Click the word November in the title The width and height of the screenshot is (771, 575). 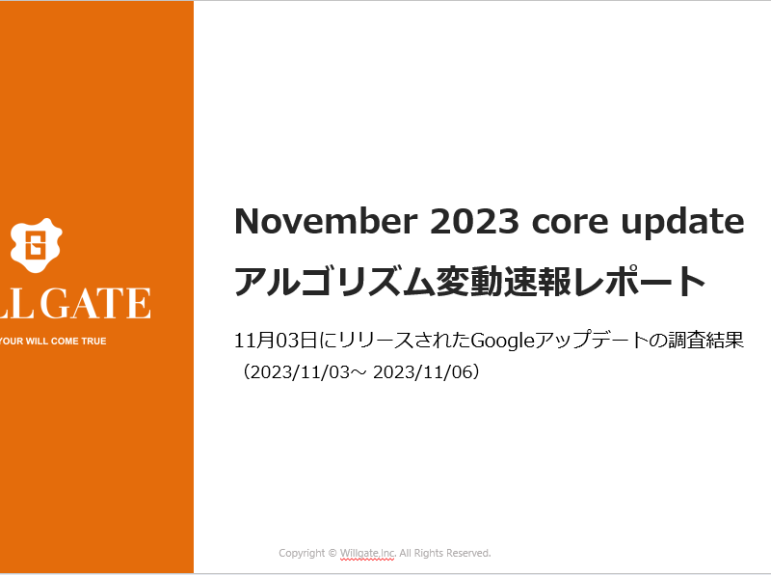pyautogui.click(x=326, y=221)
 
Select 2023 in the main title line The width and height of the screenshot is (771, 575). pyautogui.click(x=474, y=221)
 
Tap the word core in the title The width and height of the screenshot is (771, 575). pyautogui.click(x=570, y=224)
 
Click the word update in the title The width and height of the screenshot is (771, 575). pyautogui.click(x=682, y=224)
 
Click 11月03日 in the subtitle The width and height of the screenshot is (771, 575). pyautogui.click(x=276, y=341)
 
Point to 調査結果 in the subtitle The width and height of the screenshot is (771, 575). pyautogui.click(x=706, y=341)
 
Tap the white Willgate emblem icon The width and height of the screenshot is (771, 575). pyautogui.click(x=36, y=245)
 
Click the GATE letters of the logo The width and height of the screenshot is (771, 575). pyautogui.click(x=95, y=303)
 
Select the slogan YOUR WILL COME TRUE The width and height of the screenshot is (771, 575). pyautogui.click(x=53, y=342)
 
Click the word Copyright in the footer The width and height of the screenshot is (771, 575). pyautogui.click(x=302, y=554)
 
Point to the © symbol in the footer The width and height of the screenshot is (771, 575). pyautogui.click(x=332, y=554)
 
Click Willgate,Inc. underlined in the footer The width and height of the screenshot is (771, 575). pyautogui.click(x=368, y=554)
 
